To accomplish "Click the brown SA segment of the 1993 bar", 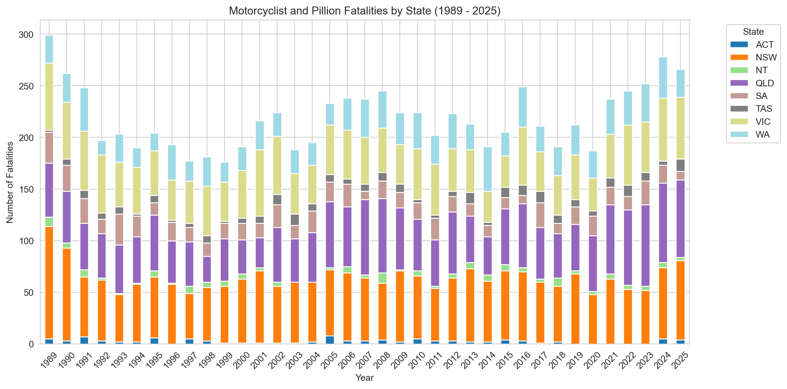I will pos(119,230).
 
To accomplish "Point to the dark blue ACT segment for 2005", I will pos(330,340).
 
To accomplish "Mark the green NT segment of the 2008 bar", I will pos(382,278).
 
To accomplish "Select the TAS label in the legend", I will pos(764,109).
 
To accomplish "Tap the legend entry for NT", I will pos(762,70).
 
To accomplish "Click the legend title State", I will pos(753,32).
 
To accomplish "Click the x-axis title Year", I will pos(364,378).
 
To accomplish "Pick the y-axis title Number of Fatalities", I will pos(10,182).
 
